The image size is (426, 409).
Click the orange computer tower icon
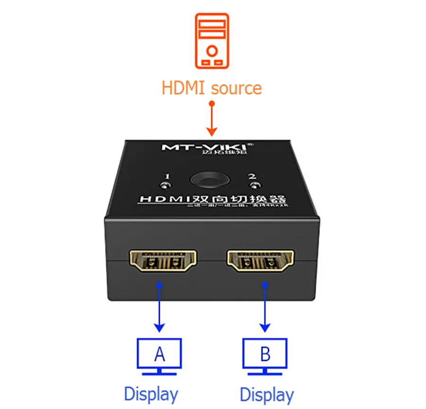(212, 41)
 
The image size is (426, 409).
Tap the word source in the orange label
(236, 88)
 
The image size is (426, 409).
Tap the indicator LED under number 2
(256, 184)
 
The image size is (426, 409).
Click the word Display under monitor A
(151, 393)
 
